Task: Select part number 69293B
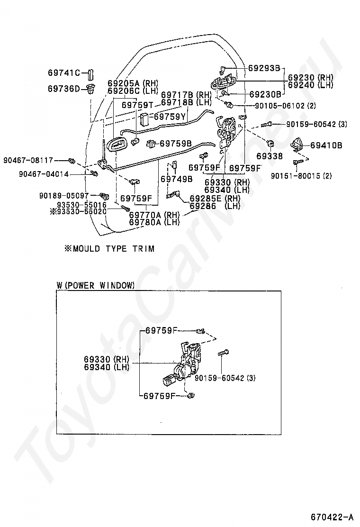264,68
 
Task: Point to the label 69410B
326,145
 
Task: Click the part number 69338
270,156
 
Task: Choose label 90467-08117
28,160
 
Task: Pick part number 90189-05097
64,195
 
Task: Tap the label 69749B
176,179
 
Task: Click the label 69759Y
170,117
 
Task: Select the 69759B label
175,144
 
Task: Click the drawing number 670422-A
332,517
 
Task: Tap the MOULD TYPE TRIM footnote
109,249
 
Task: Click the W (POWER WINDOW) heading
96,286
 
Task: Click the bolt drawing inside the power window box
223,353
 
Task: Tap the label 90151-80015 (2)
301,175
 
